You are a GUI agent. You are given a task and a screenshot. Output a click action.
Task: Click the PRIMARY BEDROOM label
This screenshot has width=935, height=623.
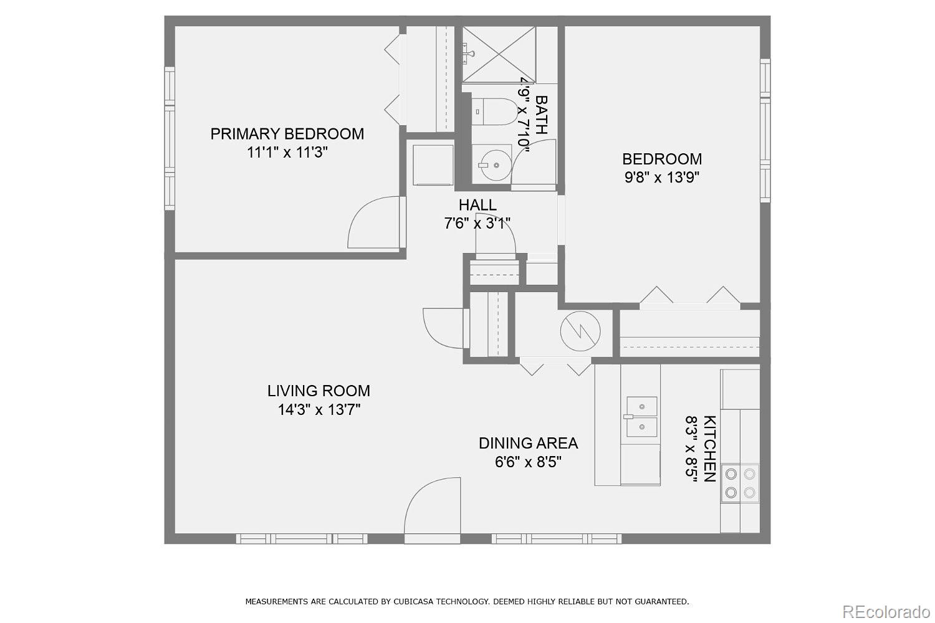pyautogui.click(x=287, y=134)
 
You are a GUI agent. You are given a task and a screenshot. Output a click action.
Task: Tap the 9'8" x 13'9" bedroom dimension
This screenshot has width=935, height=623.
pyautogui.click(x=661, y=178)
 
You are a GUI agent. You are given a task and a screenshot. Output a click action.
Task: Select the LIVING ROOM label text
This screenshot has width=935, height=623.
pyautogui.click(x=319, y=391)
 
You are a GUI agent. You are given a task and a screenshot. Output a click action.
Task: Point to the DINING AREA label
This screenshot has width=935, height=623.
pyautogui.click(x=528, y=443)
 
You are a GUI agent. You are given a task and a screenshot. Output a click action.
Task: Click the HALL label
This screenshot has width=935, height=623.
pyautogui.click(x=477, y=205)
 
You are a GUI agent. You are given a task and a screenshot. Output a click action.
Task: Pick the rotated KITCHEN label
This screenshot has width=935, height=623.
pyautogui.click(x=709, y=449)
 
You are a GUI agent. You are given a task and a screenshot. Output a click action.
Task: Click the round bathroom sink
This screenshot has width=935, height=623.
pyautogui.click(x=496, y=165)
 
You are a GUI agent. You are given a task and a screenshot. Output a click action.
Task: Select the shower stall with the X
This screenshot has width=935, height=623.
pyautogui.click(x=499, y=54)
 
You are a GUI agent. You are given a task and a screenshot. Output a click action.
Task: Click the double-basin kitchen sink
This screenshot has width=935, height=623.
pyautogui.click(x=641, y=416)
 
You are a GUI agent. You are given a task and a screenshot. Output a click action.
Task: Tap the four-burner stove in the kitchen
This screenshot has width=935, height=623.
pyautogui.click(x=740, y=483)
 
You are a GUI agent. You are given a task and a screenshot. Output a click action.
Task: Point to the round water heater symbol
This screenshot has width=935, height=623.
pyautogui.click(x=580, y=331)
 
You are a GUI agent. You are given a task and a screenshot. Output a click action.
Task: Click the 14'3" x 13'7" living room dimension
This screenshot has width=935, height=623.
pyautogui.click(x=319, y=410)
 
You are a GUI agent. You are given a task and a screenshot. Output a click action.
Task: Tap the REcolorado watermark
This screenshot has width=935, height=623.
pyautogui.click(x=885, y=612)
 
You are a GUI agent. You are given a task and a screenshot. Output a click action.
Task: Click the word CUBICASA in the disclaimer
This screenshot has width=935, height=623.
pyautogui.click(x=412, y=602)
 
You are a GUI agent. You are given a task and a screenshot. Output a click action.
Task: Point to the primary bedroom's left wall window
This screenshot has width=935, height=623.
pyautogui.click(x=170, y=138)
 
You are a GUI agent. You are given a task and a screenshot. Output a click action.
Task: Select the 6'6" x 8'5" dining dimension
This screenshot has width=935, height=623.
pyautogui.click(x=528, y=462)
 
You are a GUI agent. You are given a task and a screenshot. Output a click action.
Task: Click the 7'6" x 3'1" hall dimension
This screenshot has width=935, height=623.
pyautogui.click(x=477, y=224)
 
